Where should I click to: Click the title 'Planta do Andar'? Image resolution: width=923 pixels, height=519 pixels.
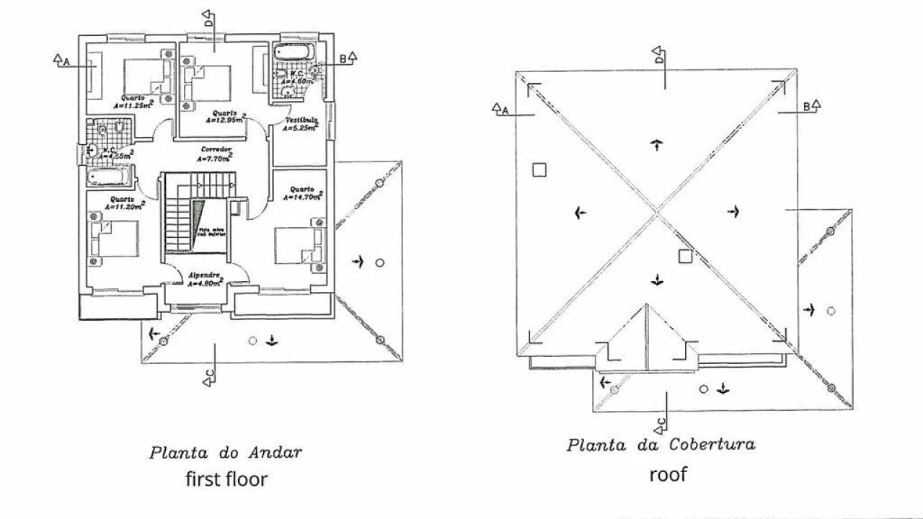pos(225,453)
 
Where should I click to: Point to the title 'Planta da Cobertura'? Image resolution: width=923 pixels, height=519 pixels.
pos(661,444)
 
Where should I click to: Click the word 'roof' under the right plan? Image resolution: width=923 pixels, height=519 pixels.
pos(668,474)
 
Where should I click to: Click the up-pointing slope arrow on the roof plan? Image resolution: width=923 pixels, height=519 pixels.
pos(656,146)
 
